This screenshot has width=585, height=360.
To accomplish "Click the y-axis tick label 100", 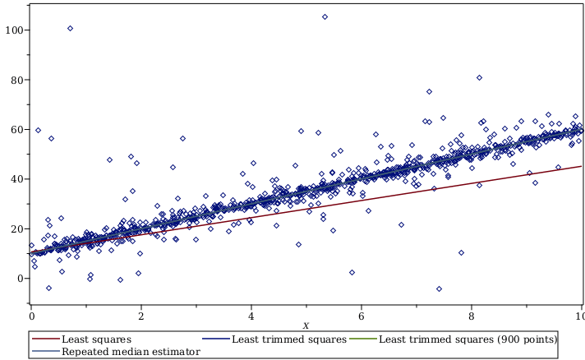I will (13, 30).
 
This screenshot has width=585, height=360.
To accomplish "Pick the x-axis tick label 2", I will (141, 316).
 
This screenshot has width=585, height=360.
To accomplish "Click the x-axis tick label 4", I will (251, 316).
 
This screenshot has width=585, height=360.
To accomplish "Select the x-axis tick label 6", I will (362, 316).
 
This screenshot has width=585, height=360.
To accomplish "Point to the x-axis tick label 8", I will (472, 316).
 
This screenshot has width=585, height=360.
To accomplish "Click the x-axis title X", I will (306, 326).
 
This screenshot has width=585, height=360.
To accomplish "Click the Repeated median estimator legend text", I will (131, 351).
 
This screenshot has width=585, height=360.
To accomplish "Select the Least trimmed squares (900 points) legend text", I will (468, 339).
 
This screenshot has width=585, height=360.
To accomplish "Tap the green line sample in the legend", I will (362, 339).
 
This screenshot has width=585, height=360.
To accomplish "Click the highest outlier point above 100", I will (325, 16).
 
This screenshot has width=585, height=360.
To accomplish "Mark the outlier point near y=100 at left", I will (70, 28).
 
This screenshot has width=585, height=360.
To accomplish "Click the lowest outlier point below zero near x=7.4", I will (439, 288).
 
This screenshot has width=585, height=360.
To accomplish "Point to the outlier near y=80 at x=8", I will (479, 78).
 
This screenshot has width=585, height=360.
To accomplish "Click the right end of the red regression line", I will (581, 167).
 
